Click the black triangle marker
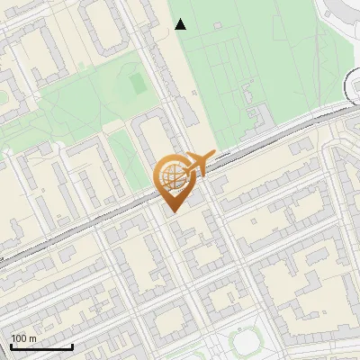point(181,24)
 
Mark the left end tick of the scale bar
point(11,346)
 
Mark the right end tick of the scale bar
point(72,346)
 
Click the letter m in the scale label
point(32,338)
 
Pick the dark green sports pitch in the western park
point(137,84)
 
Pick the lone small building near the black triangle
point(217,24)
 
